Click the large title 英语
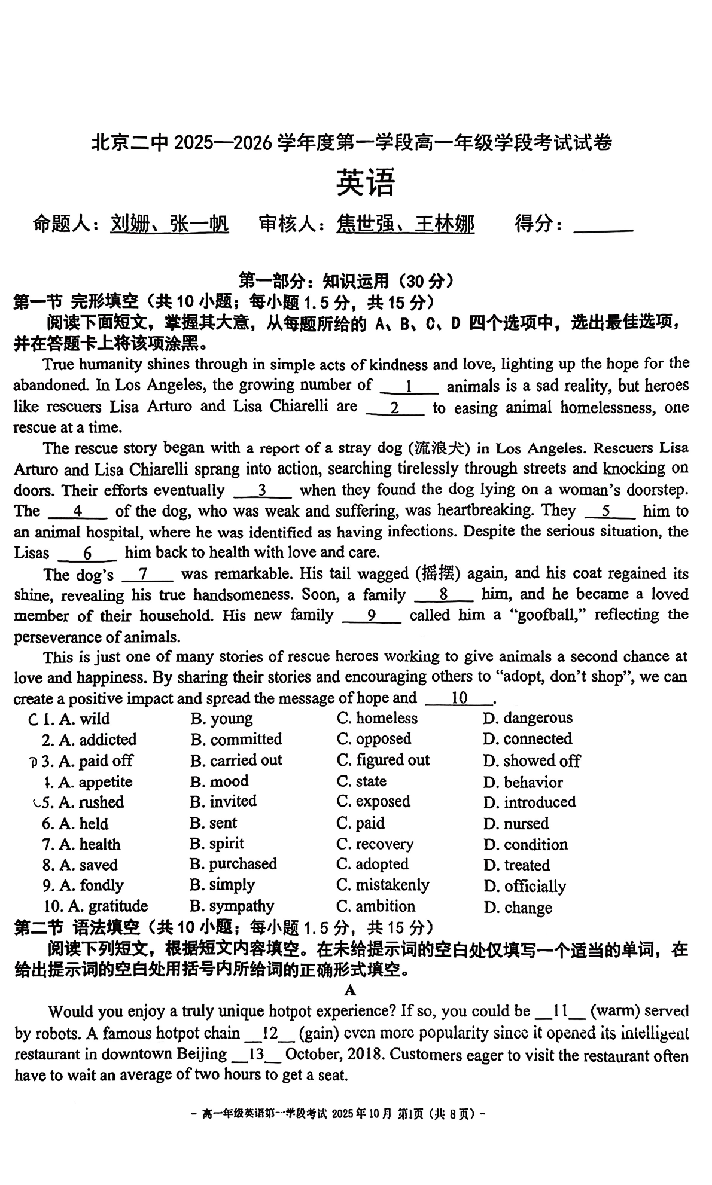point(365,183)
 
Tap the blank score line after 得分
point(603,226)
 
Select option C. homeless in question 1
point(377,718)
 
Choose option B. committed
point(236,739)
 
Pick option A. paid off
point(96,761)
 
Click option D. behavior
point(523,782)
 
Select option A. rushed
point(91,802)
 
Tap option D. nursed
point(516,824)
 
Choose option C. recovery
point(375,844)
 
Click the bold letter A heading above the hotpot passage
point(351,990)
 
